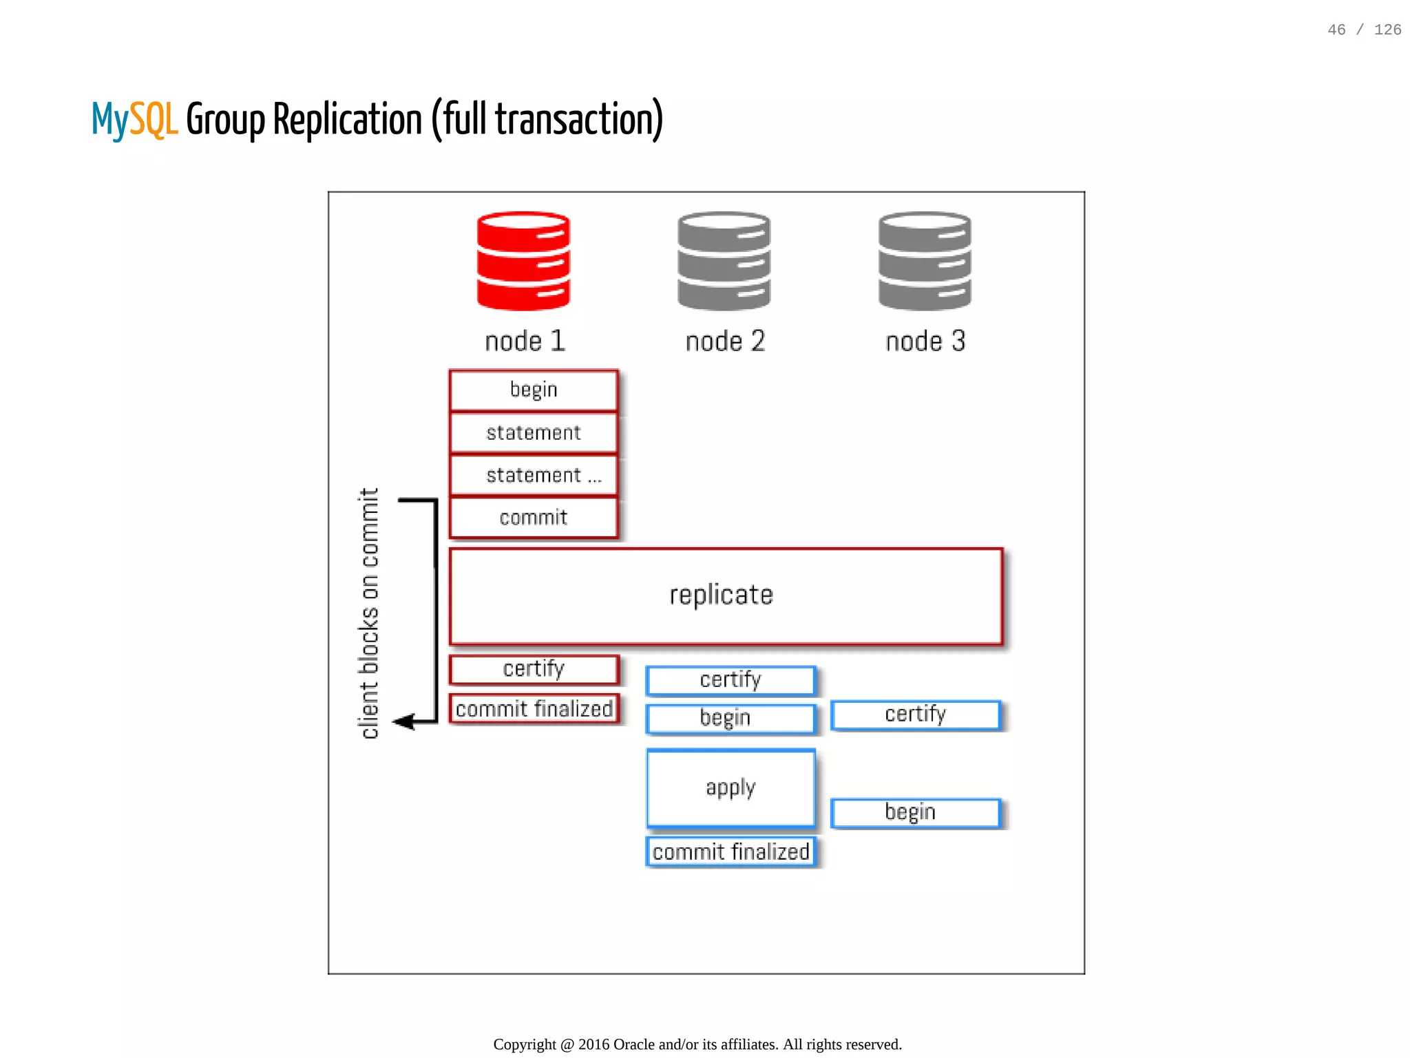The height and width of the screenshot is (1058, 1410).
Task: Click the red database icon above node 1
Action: point(523,261)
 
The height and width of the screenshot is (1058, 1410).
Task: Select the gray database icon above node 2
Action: point(724,261)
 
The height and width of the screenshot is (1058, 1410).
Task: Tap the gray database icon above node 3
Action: point(925,261)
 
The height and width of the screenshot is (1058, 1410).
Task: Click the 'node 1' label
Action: point(525,341)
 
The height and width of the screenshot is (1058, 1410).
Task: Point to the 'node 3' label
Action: point(925,341)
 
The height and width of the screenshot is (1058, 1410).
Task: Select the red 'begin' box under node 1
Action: point(534,390)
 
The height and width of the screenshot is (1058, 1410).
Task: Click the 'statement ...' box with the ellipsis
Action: point(534,475)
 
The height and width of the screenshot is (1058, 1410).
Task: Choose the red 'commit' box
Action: point(534,518)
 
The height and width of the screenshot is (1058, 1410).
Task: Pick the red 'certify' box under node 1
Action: point(534,669)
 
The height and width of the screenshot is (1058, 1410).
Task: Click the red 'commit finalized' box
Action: point(534,709)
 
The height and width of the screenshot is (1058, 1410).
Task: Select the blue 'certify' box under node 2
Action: point(730,680)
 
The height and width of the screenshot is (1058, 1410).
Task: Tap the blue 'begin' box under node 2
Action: point(730,718)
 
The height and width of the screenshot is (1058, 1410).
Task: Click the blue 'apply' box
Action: point(730,787)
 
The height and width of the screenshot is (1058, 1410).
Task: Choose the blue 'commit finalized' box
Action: point(730,852)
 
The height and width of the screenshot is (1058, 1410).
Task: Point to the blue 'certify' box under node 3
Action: point(916,715)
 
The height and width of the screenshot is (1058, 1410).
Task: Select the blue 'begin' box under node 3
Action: point(916,813)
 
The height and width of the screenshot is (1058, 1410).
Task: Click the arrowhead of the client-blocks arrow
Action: point(403,721)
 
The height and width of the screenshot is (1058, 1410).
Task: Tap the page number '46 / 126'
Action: point(1364,30)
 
